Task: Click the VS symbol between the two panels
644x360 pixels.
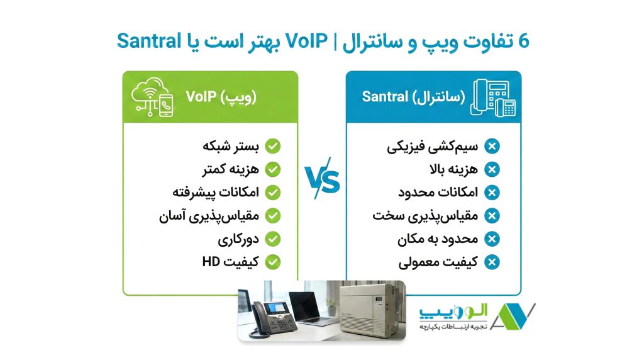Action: [322, 182]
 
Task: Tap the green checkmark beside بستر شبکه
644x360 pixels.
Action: [272, 146]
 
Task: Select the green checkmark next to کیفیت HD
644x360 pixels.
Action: [272, 261]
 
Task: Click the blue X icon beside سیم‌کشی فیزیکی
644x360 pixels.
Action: [492, 147]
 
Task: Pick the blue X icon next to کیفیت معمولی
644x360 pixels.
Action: [492, 262]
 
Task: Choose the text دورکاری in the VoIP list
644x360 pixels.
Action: [238, 239]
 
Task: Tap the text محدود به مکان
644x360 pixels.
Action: [438, 239]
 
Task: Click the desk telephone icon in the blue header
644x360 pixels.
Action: [493, 97]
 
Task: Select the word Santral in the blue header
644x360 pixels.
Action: [384, 97]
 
